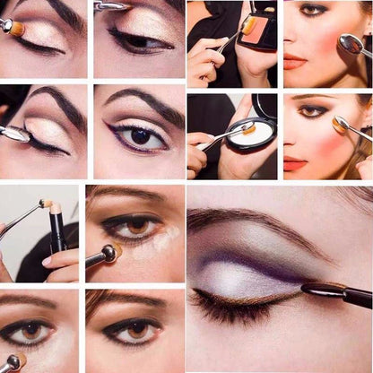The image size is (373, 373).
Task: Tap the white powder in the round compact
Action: coord(251,132)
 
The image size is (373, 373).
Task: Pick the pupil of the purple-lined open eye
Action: coord(141,135)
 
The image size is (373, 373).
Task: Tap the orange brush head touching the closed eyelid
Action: coord(15,29)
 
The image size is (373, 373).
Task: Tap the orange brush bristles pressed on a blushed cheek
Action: coord(340,125)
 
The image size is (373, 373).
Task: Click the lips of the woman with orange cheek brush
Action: coord(295,164)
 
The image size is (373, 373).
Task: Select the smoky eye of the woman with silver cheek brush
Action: coord(314,10)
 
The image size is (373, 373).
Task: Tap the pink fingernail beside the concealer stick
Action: coord(47,260)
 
